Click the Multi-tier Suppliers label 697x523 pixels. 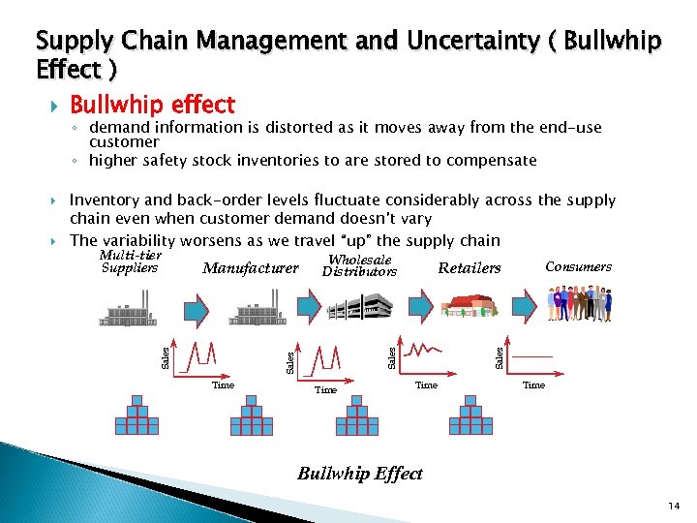[x=130, y=261]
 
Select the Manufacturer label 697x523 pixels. [x=251, y=268]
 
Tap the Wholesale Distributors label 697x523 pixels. [x=359, y=266]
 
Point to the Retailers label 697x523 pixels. [x=470, y=268]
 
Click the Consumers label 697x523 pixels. [x=578, y=266]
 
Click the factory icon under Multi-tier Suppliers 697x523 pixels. [x=135, y=309]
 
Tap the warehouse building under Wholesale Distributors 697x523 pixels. [x=360, y=307]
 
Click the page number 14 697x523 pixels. [x=675, y=506]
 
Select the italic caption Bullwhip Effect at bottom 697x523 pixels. [x=359, y=474]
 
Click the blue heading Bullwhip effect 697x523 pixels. [x=152, y=104]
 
